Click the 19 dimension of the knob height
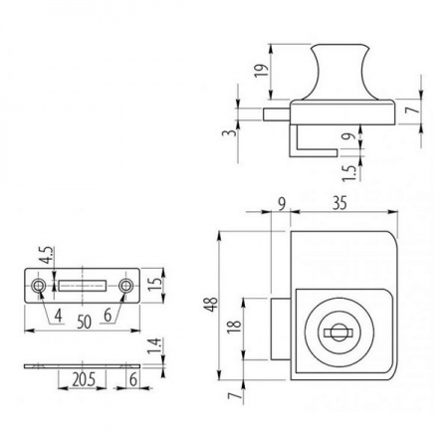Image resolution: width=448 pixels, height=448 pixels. (x=262, y=70)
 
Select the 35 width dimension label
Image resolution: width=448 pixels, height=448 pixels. (x=339, y=203)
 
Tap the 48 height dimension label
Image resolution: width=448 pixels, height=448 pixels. (x=211, y=304)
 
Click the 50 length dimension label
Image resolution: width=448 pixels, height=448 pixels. (x=84, y=322)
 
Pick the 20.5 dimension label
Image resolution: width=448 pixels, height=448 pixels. (x=84, y=379)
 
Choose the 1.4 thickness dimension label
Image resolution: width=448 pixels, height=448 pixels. (x=154, y=345)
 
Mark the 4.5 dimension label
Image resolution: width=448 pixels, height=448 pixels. (x=46, y=255)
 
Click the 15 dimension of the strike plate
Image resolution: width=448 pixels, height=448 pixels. (x=154, y=283)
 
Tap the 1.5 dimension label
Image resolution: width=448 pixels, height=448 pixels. (x=349, y=173)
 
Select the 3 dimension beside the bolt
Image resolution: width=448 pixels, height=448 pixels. (x=230, y=132)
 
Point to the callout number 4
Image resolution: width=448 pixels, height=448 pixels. (x=59, y=316)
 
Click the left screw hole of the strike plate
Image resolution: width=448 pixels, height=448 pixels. (x=39, y=286)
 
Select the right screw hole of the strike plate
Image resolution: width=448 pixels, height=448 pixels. (x=126, y=286)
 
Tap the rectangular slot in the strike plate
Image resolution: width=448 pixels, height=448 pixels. (x=83, y=286)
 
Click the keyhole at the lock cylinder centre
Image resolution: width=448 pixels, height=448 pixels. (x=338, y=333)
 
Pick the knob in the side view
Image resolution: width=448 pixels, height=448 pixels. (x=339, y=72)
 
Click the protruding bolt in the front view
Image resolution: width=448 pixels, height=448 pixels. (x=281, y=329)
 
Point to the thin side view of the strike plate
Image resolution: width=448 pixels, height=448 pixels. (x=83, y=366)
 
